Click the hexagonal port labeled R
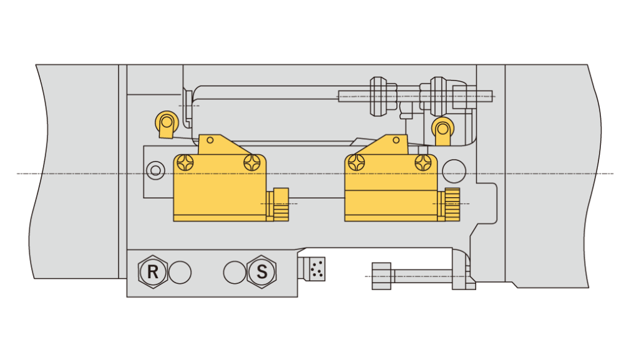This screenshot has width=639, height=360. coord(152,271)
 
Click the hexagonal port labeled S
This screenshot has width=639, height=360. coord(261,271)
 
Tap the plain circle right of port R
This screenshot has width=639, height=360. coord(180,272)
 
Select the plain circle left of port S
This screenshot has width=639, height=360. coord(235,272)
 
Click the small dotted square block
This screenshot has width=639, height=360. coord(317,269)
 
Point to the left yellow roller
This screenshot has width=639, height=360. coord(167,124)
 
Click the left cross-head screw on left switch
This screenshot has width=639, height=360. coord(186,163)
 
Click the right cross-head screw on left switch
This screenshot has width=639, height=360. coord(252,163)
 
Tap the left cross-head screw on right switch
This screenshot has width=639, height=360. coord(356,163)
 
